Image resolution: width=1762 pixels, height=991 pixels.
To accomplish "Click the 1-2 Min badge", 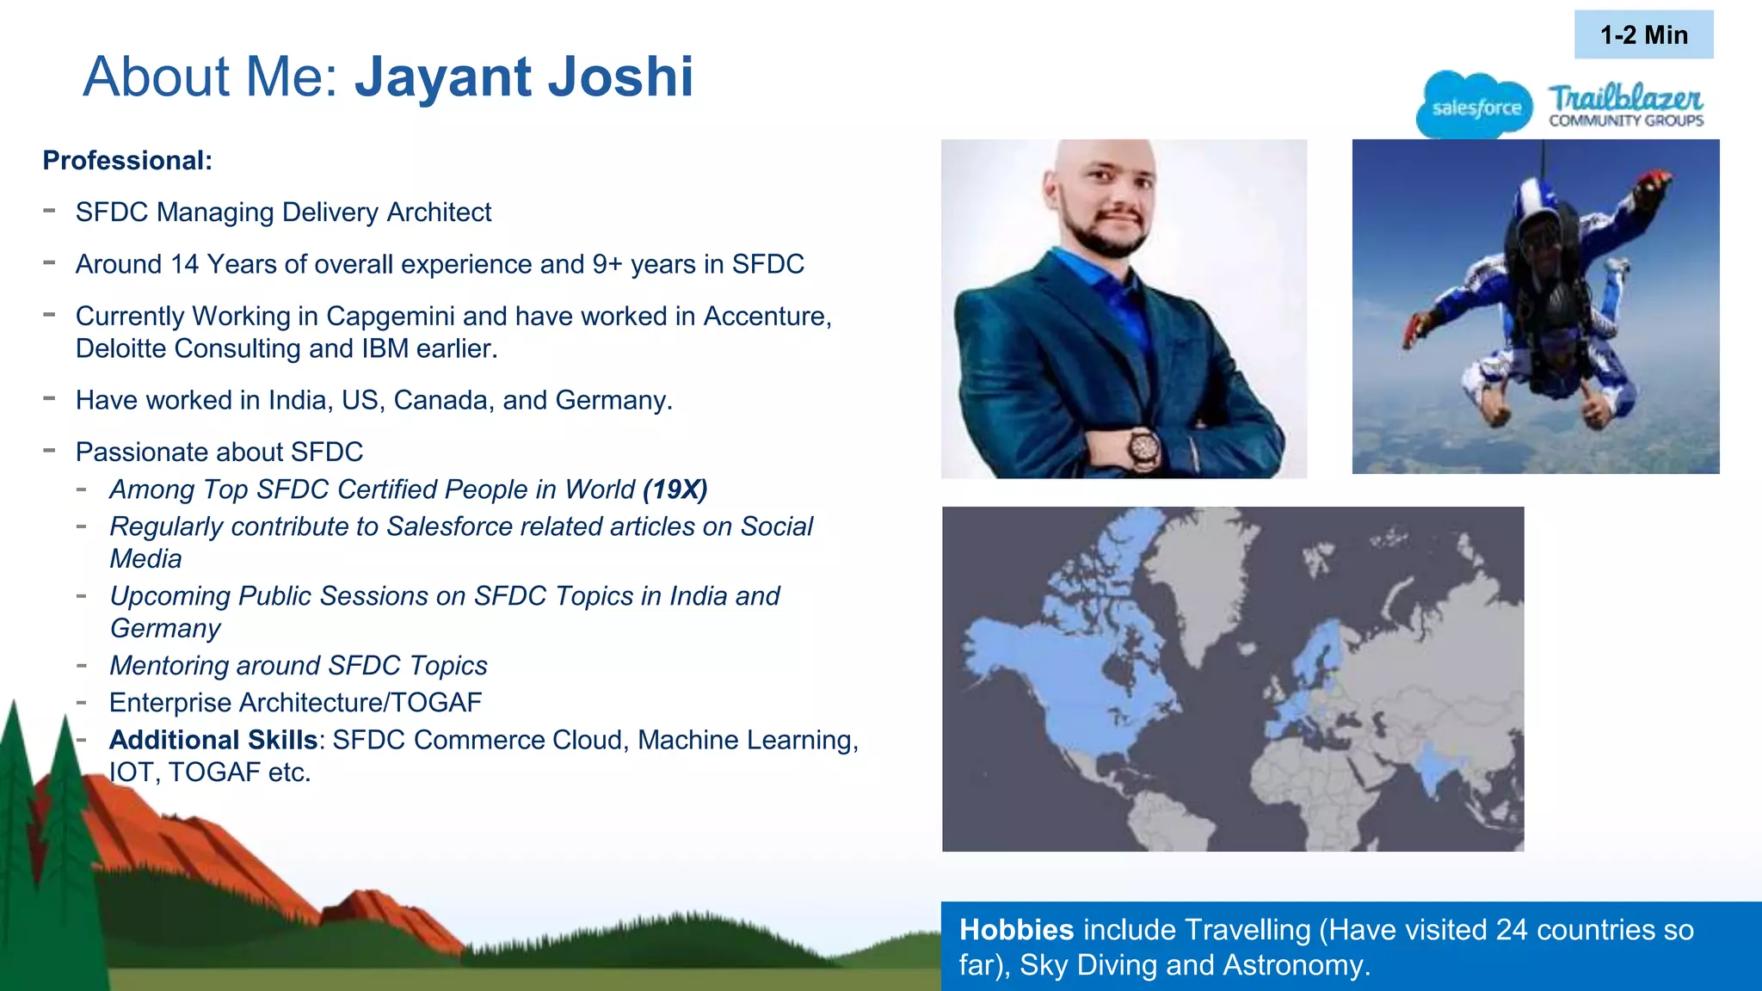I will tap(1643, 35).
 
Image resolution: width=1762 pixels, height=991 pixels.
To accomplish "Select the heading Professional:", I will tap(127, 161).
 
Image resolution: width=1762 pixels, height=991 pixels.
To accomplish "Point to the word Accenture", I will tap(766, 317).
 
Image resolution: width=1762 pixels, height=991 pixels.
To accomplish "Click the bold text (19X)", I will tap(675, 489).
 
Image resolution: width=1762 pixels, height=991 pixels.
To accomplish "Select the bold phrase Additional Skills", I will tap(213, 741).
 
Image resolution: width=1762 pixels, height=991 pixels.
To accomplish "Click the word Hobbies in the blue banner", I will tap(1016, 930).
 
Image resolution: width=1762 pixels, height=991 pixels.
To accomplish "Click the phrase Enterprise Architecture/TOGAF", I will tap(295, 703).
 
